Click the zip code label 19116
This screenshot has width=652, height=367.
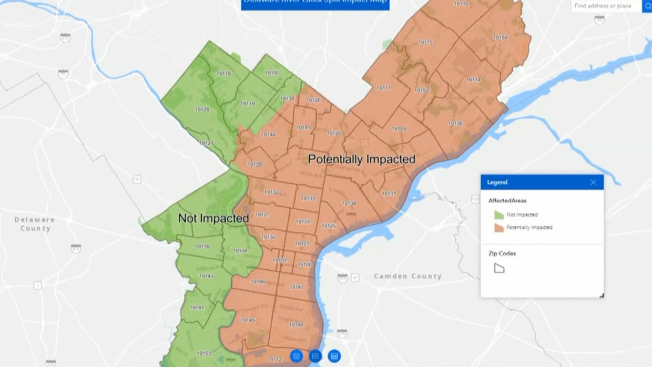pos(461,4)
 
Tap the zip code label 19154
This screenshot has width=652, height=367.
pos(500,37)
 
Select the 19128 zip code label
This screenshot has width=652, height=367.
pos(202,109)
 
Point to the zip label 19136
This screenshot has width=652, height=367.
pos(455,123)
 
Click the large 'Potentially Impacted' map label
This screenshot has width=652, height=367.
pos(362,159)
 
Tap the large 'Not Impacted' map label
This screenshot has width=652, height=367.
pos(213,218)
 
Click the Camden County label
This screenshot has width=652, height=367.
pos(408,276)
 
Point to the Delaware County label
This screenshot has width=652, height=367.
pos(35,224)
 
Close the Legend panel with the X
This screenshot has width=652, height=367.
pos(593,182)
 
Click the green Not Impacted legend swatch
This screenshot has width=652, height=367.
pos(498,215)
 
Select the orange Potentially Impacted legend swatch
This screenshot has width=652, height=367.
pos(498,228)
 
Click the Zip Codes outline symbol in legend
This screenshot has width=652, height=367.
pos(499,268)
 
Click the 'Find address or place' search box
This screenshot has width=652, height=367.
pos(606,6)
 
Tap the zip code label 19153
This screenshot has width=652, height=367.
pos(203,353)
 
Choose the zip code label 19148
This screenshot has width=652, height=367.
pos(296,324)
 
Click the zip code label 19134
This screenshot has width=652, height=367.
pos(349,203)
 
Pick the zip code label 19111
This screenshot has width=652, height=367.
pos(384,88)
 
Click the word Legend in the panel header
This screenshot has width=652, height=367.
pos(497,182)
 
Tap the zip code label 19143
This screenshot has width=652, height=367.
pos(206,276)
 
